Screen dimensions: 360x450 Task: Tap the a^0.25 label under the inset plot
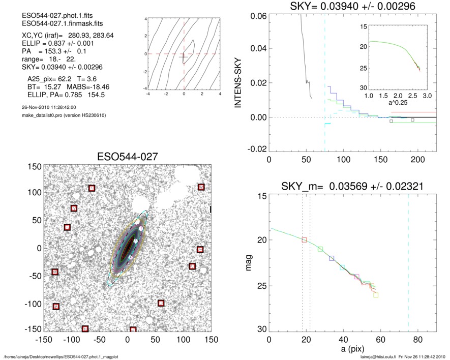(x=397, y=103)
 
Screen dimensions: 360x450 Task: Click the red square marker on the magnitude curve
(x=304, y=239)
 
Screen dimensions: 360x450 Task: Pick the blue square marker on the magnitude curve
(x=332, y=258)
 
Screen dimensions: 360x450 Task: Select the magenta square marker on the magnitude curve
(x=356, y=277)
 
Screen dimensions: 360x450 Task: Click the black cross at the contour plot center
(x=184, y=57)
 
